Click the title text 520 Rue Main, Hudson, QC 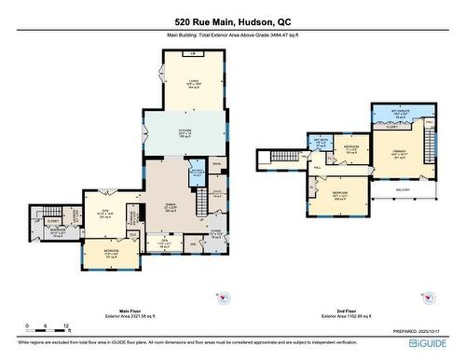232,21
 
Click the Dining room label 171,206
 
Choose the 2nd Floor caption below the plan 340,313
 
